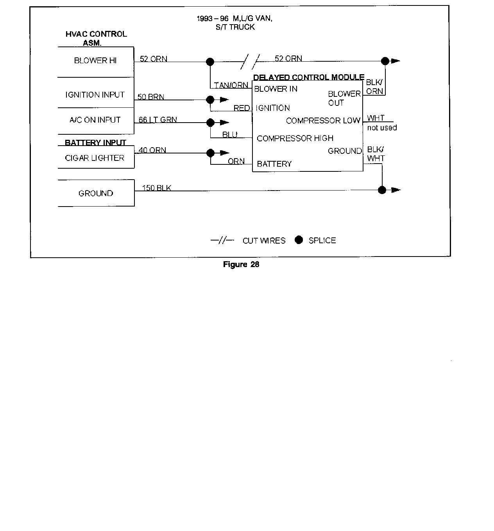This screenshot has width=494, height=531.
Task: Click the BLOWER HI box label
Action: tap(95, 61)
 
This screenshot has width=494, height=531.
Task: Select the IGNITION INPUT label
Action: tap(95, 95)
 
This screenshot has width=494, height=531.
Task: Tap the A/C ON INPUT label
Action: tap(95, 120)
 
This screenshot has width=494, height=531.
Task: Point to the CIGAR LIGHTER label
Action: tap(95, 158)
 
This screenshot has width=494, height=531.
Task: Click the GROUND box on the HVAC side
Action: tap(96, 193)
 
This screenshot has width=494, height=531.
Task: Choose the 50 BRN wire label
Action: tap(151, 97)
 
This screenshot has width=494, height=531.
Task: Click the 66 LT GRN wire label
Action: tap(158, 120)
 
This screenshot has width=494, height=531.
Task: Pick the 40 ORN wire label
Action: tap(152, 150)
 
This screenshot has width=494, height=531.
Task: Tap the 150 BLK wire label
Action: tap(156, 188)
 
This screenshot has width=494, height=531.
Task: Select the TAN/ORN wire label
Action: tap(231, 85)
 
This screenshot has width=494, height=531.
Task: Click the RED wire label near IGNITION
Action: tap(242, 108)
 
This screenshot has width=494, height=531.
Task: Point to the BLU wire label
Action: tap(230, 135)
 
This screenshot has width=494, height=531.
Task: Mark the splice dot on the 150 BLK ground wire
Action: tap(382, 190)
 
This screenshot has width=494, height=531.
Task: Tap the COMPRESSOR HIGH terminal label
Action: tap(295, 138)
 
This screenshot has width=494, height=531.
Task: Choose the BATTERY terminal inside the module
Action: tap(274, 164)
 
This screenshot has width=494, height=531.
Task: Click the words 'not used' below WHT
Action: tap(382, 128)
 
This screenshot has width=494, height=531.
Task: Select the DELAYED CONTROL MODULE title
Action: tap(309, 77)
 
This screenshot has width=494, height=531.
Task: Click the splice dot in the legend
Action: tap(299, 240)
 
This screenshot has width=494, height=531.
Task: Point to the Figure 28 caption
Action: tap(241, 264)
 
